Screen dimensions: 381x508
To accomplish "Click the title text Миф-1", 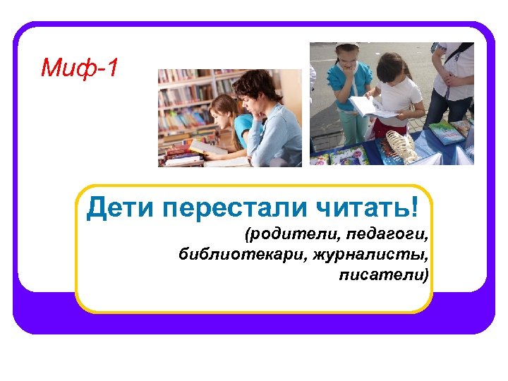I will pos(80,68).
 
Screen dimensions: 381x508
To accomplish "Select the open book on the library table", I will pos(209,148).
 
